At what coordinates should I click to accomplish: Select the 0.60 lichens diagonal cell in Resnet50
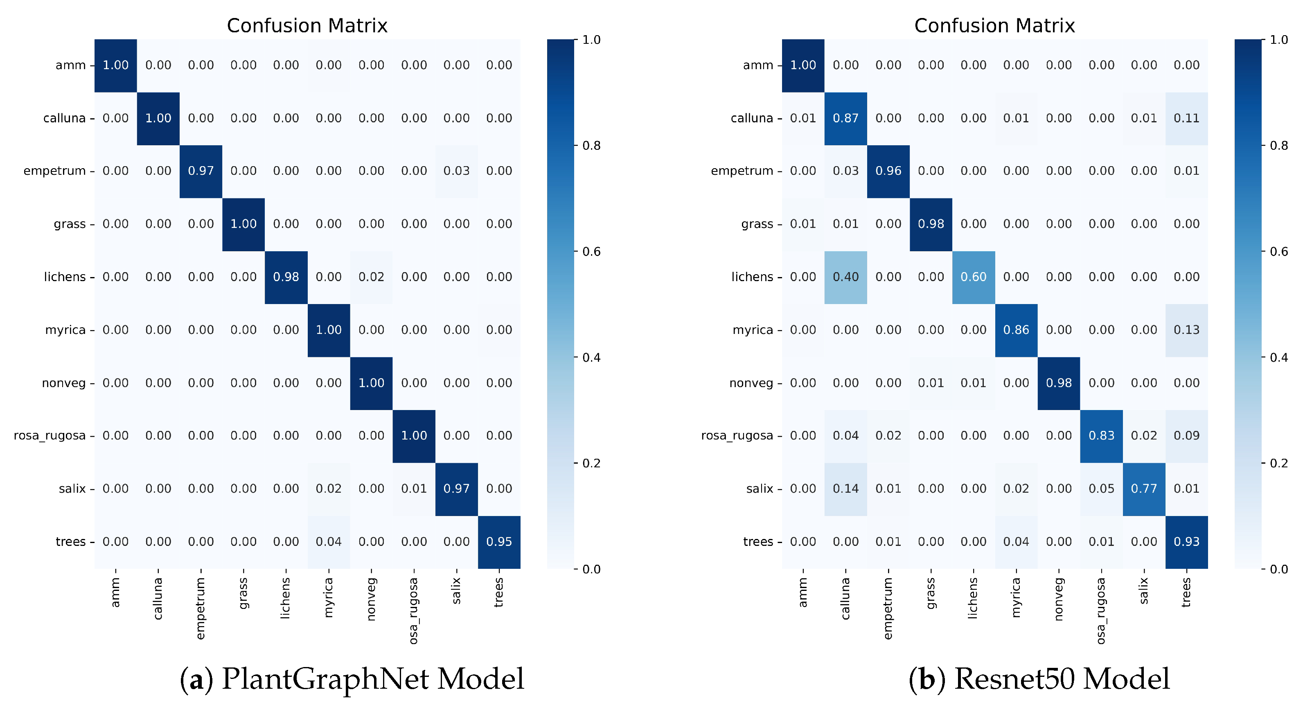coord(973,277)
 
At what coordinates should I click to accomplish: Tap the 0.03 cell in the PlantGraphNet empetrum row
coord(456,171)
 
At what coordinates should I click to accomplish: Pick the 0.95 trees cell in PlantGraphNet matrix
coord(499,541)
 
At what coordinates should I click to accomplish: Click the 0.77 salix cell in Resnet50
coord(1144,489)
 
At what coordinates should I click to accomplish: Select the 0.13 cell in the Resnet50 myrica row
coord(1186,330)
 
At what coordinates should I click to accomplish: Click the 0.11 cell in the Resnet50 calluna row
coord(1186,118)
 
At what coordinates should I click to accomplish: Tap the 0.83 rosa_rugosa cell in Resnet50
coord(1101,435)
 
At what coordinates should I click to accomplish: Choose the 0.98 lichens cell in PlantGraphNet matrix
coord(286,277)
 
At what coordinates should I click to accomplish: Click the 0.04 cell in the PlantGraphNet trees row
coord(329,541)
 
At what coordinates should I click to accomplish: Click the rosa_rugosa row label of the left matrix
coord(50,435)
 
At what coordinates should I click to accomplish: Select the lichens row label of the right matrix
coord(752,277)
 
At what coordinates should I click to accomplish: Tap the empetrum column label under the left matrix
coord(201,609)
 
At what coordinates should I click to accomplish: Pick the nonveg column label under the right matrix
coord(1059,599)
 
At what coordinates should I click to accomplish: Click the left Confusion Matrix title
coord(307,26)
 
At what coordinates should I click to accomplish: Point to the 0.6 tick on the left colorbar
coord(591,252)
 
